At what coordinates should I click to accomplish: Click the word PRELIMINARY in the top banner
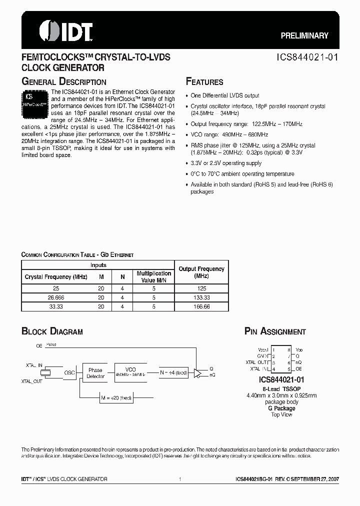coord(304,35)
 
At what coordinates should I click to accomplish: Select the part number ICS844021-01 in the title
coord(308,57)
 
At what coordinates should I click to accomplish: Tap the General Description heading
coord(63,81)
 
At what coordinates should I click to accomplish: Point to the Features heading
coord(204,81)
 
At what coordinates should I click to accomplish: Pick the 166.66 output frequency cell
coord(201,306)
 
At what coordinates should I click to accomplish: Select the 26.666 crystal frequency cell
coord(56,297)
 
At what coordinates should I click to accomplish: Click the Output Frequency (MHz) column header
coord(201,272)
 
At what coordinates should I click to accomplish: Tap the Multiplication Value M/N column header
coord(154,276)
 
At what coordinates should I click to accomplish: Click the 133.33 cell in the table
coord(201,297)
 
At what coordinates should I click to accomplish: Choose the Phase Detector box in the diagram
coord(95,373)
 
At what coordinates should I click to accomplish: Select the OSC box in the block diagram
coord(70,373)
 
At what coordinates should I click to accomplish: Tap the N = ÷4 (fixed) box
coord(174,372)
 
